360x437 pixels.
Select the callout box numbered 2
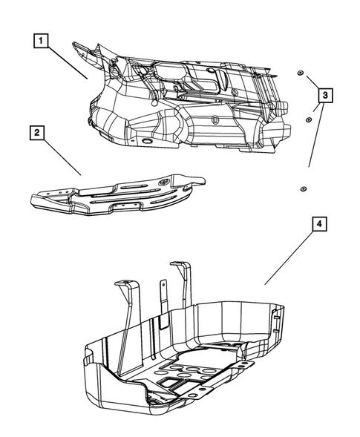pyautogui.click(x=36, y=134)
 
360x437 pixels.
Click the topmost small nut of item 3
pyautogui.click(x=299, y=73)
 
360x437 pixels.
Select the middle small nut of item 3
pyautogui.click(x=308, y=118)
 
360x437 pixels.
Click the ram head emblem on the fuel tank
pyautogui.click(x=213, y=119)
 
